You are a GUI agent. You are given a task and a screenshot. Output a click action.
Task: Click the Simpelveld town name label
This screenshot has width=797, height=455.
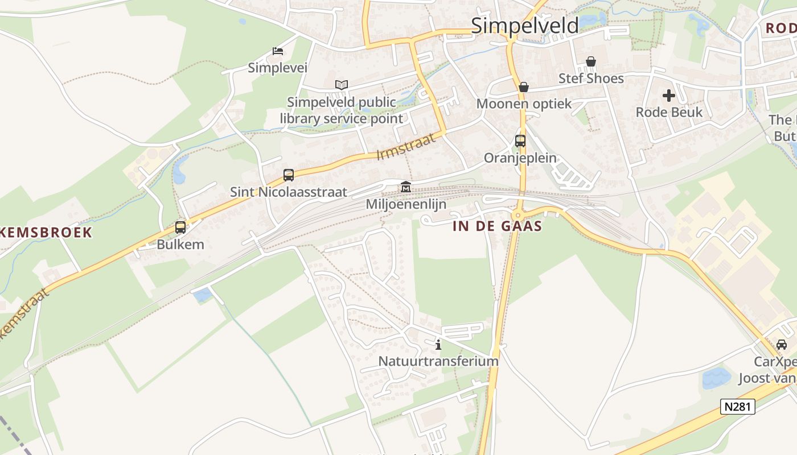point(524,25)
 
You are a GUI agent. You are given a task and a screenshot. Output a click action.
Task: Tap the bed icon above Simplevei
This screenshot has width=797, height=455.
point(278,51)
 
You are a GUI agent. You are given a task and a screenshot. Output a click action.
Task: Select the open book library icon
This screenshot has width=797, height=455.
point(341,85)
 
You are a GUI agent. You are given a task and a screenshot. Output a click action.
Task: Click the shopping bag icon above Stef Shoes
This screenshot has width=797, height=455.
point(591,61)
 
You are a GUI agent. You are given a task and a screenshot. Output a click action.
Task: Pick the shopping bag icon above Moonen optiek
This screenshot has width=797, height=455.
point(524,87)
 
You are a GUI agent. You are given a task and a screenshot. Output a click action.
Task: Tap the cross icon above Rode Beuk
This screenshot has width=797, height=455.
point(669,95)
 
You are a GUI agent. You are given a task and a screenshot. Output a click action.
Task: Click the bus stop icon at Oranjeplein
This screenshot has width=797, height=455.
point(520,141)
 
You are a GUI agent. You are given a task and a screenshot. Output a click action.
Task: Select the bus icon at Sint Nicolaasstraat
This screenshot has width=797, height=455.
point(289,175)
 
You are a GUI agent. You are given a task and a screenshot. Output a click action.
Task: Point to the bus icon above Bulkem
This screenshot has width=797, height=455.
point(180,227)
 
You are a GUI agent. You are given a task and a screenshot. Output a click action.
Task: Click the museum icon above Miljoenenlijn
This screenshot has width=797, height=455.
point(406,187)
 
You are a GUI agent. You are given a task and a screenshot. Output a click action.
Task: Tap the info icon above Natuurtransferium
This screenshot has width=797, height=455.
point(438,344)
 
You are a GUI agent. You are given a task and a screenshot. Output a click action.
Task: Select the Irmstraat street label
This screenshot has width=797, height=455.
point(406,146)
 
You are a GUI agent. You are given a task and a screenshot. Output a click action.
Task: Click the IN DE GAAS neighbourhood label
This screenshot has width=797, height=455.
point(497,226)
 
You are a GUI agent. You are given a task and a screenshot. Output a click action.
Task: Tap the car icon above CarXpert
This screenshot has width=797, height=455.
point(782,344)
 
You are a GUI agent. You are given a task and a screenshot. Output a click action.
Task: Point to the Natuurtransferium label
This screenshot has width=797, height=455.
point(438,361)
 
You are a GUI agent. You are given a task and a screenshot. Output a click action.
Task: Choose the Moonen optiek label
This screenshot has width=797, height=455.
point(524,104)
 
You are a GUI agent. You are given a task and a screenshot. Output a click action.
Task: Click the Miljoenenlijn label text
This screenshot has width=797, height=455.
point(406,204)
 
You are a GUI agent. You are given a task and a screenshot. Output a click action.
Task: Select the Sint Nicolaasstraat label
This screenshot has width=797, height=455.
point(289,192)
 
